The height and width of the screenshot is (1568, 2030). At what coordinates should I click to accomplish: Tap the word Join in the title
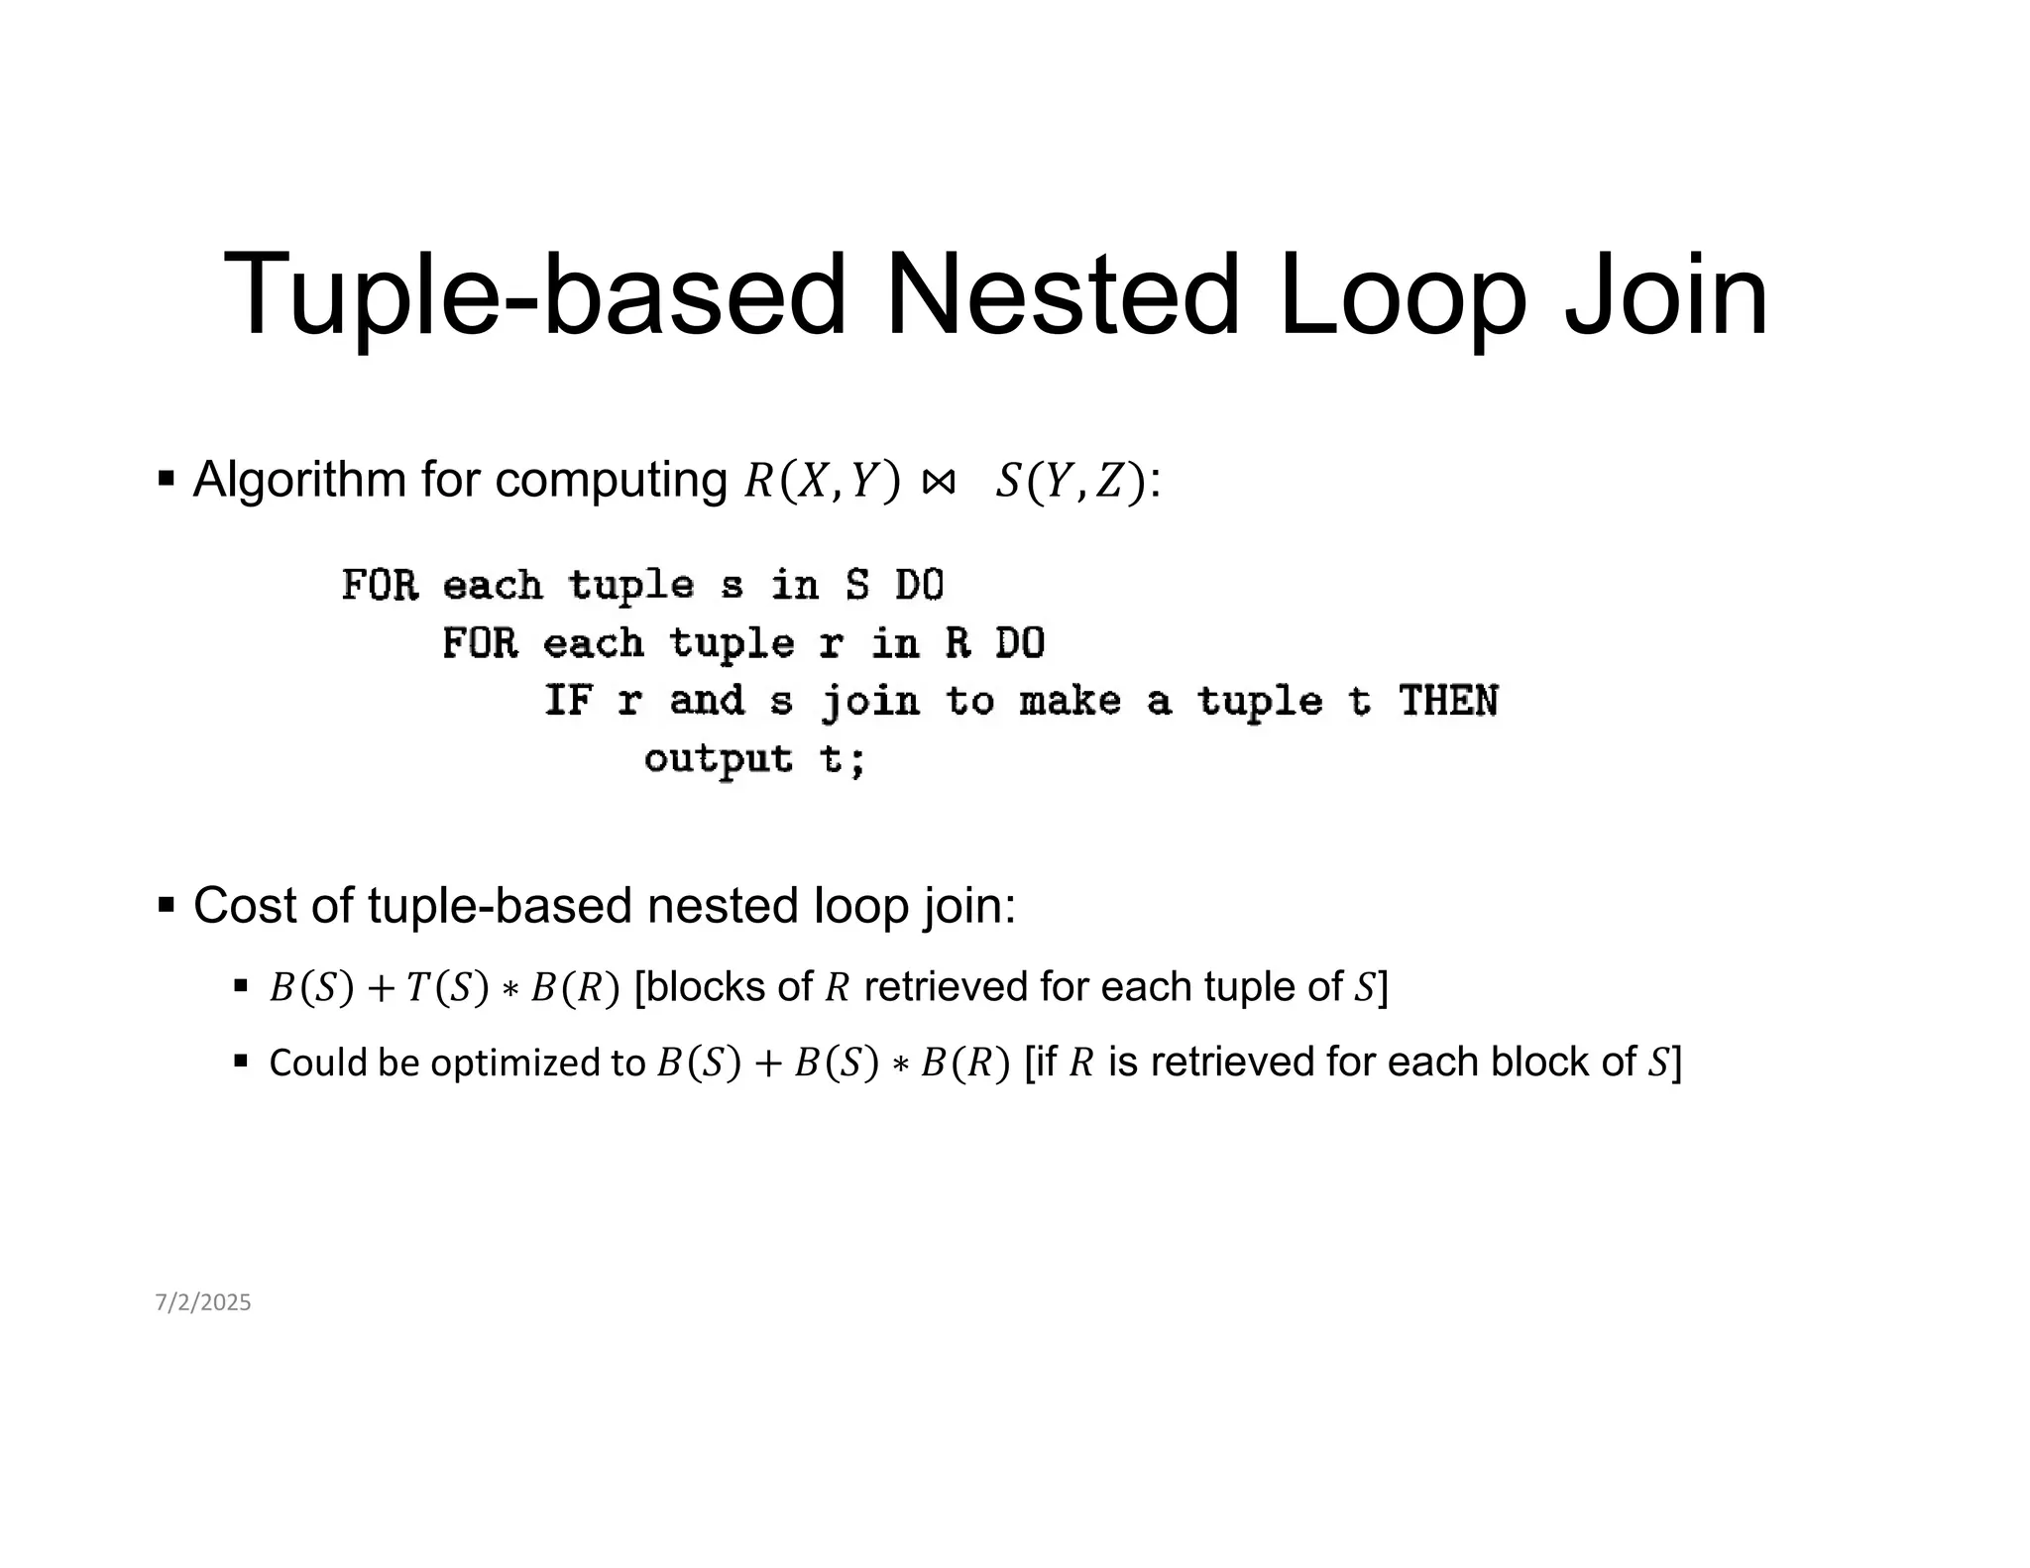pyautogui.click(x=1665, y=294)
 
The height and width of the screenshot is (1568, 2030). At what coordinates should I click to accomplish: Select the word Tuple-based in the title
pyautogui.click(x=535, y=294)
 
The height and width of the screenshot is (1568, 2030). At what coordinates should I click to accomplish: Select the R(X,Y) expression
pyautogui.click(x=822, y=482)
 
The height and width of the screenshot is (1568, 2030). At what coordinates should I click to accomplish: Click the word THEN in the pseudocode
pyautogui.click(x=1448, y=702)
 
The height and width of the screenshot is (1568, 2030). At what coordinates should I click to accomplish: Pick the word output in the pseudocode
pyautogui.click(x=718, y=759)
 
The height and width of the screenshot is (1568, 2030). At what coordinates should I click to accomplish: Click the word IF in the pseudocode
pyautogui.click(x=568, y=702)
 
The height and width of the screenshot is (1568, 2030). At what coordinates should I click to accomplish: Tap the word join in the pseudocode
pyautogui.click(x=870, y=702)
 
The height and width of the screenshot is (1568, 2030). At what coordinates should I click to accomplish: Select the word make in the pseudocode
pyautogui.click(x=1070, y=702)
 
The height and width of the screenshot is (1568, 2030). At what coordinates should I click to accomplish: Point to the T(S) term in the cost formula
pyautogui.click(x=447, y=987)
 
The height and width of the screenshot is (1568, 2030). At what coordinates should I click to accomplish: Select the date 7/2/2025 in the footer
pyautogui.click(x=203, y=1302)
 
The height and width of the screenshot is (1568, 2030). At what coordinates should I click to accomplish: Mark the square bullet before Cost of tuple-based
pyautogui.click(x=167, y=905)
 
